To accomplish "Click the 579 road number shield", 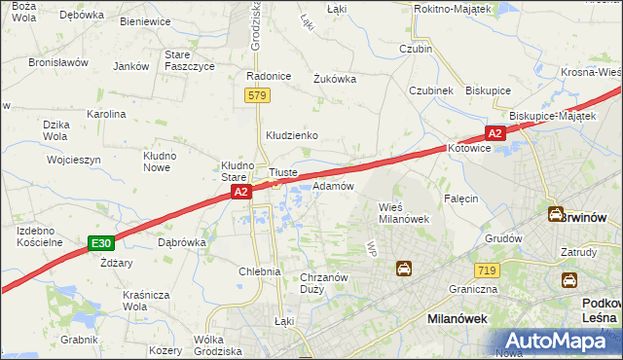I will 257,95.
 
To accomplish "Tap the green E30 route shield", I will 99,242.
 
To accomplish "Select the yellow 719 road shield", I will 488,269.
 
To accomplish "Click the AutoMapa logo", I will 559,342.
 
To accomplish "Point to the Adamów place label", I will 333,185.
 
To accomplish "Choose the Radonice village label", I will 270,76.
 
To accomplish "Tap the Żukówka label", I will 334,79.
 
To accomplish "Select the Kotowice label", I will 472,149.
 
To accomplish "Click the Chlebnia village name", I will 260,272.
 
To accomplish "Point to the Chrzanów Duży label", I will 324,283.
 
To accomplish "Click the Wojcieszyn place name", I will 74,159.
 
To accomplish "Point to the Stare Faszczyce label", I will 191,60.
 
